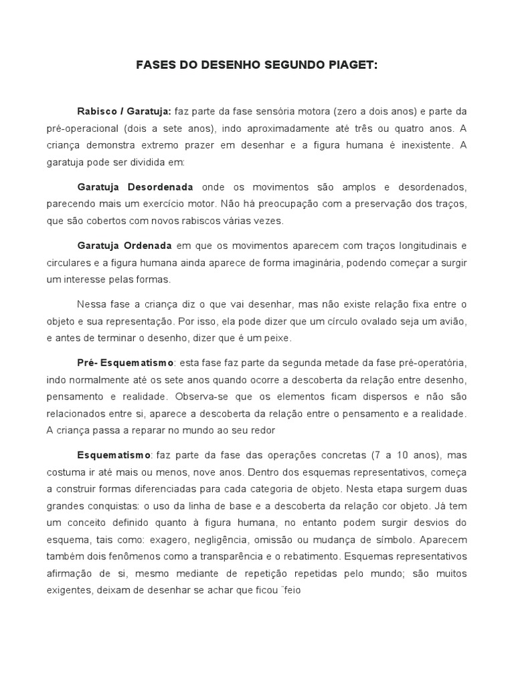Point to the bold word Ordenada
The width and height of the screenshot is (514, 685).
147,246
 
